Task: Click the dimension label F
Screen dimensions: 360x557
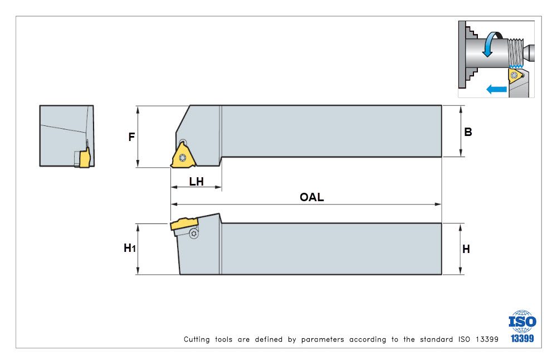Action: tap(131, 137)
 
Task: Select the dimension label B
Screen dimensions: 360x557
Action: tap(468, 132)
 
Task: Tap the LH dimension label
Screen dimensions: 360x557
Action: tap(196, 181)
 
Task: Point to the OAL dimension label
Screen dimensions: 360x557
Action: tap(311, 197)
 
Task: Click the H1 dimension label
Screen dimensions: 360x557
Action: tap(129, 249)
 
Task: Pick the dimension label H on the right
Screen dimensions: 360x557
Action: tap(466, 249)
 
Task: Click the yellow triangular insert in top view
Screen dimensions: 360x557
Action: tap(182, 155)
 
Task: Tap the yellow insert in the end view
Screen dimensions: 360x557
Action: tap(84, 159)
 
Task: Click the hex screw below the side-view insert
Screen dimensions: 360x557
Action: tap(193, 234)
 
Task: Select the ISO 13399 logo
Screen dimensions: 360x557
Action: tap(522, 327)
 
